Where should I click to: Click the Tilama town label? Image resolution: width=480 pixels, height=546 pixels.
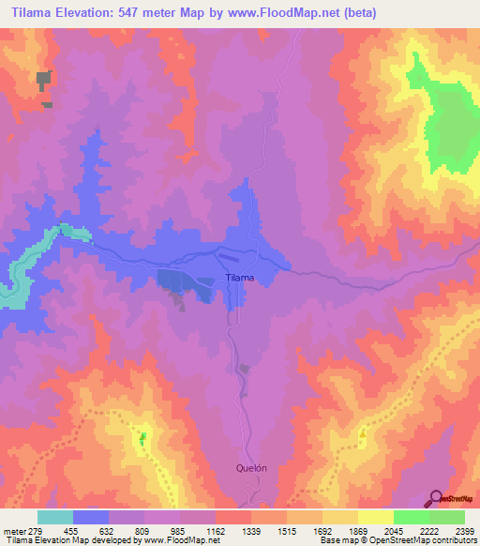[x=240, y=278]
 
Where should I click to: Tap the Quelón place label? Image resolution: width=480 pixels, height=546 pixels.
[x=252, y=468]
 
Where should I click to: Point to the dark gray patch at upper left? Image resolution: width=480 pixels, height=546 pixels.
[x=43, y=82]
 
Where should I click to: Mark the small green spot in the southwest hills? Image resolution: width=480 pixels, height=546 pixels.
[x=143, y=437]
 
